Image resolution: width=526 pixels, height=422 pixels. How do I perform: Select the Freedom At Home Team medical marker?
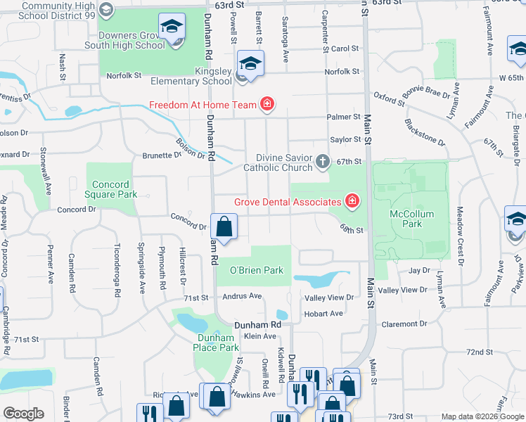(267, 105)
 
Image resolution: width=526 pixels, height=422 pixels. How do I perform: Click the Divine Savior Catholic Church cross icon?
(323, 162)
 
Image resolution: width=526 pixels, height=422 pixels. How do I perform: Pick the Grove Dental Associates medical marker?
(352, 203)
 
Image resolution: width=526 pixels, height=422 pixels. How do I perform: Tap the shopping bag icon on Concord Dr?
(224, 228)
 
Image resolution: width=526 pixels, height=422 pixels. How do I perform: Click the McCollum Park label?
(413, 219)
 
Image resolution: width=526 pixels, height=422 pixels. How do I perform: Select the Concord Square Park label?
(112, 188)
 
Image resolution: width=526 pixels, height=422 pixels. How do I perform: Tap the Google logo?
(23, 414)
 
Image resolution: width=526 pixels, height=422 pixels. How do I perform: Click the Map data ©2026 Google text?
(482, 416)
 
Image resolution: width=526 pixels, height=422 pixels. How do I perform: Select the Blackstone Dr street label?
(424, 131)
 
